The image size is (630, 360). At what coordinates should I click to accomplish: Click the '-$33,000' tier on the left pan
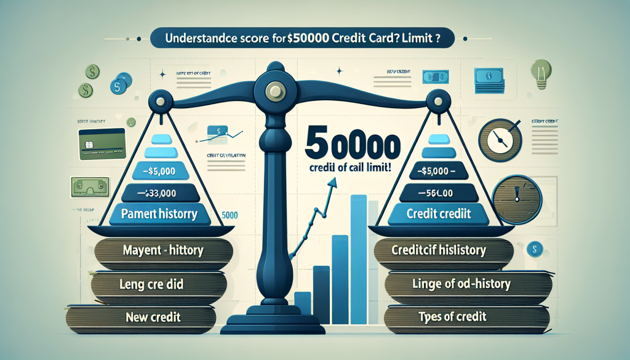point(159,193)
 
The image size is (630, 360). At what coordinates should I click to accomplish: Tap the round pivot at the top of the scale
point(272,91)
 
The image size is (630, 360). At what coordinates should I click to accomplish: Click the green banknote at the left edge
point(86,186)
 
